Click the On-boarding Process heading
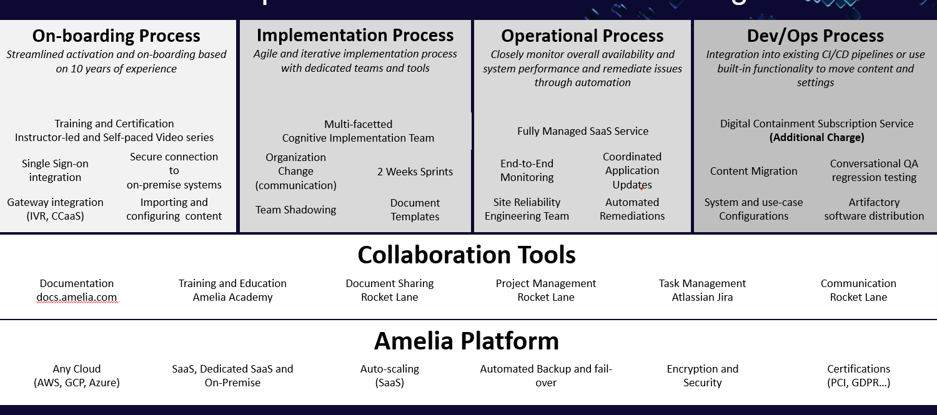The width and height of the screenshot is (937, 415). (x=116, y=36)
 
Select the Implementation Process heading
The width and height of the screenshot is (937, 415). (x=355, y=36)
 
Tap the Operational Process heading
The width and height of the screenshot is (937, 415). (x=582, y=36)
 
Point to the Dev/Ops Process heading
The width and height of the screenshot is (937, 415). (x=815, y=36)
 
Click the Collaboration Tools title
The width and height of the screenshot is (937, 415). (x=466, y=255)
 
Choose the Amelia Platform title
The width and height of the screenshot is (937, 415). (x=466, y=341)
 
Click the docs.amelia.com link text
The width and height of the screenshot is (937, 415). (x=77, y=297)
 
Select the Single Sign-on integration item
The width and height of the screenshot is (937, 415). (x=55, y=170)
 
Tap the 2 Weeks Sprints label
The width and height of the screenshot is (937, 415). (x=415, y=172)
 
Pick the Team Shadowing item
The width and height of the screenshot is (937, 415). (x=295, y=210)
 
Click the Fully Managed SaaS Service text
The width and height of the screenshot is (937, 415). (x=582, y=131)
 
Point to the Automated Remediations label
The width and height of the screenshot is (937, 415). (x=632, y=209)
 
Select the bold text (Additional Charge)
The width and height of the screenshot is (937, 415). (x=816, y=137)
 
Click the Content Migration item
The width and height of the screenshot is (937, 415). (x=753, y=171)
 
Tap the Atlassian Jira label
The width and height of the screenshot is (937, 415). (x=702, y=297)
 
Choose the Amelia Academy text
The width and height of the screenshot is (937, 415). (x=232, y=297)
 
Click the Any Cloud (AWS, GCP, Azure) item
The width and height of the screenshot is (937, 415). (x=77, y=376)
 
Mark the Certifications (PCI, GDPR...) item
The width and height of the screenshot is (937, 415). (x=858, y=376)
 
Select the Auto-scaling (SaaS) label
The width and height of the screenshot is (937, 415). (x=390, y=376)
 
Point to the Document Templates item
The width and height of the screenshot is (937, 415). (x=415, y=210)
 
